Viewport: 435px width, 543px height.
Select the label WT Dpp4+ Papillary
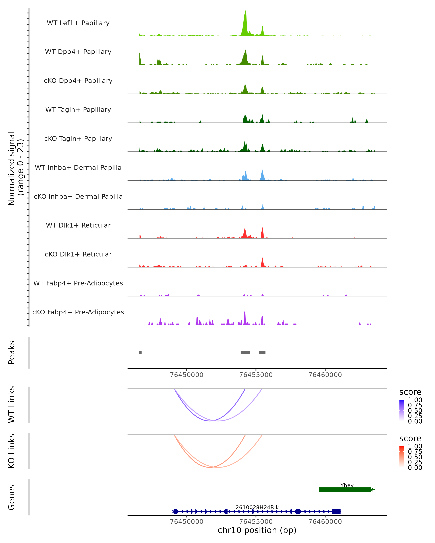tap(78, 52)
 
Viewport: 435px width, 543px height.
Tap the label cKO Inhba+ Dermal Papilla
tap(78, 197)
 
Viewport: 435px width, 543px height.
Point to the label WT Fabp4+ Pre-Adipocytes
tap(78, 283)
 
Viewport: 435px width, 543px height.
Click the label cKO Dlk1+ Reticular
tap(78, 254)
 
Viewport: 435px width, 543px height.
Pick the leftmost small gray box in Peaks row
tap(140, 353)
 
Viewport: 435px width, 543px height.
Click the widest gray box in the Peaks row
tap(245, 353)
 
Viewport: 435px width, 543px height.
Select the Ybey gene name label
tap(347, 485)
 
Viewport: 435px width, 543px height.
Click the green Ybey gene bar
tap(345, 490)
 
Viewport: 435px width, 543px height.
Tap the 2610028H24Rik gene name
tap(257, 507)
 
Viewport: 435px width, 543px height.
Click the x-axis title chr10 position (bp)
tap(257, 530)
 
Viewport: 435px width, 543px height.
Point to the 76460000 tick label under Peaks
tap(325, 375)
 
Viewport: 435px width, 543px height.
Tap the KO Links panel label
tap(12, 451)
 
